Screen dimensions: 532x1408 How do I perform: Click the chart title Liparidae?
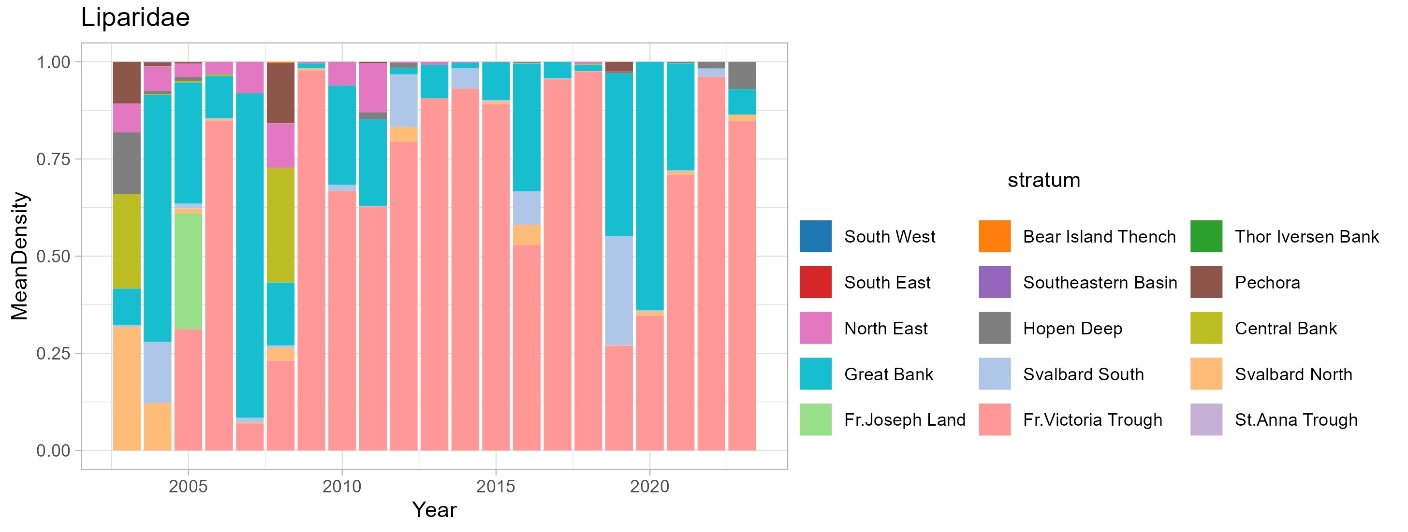(x=135, y=17)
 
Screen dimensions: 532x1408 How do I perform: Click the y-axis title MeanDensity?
(x=20, y=256)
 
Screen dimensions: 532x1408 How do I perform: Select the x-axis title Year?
(x=434, y=510)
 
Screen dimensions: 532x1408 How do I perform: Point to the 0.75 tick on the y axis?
(x=53, y=159)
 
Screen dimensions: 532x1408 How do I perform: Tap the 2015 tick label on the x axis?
(x=495, y=486)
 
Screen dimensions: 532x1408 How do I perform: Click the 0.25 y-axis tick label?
(x=53, y=353)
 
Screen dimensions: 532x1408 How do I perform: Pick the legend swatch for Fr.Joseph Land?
(x=816, y=419)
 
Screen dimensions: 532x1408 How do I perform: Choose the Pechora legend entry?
(x=1267, y=282)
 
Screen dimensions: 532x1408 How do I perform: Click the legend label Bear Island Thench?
(x=1099, y=236)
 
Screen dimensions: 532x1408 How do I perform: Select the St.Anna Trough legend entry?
(x=1295, y=419)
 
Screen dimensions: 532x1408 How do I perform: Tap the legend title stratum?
(x=1043, y=180)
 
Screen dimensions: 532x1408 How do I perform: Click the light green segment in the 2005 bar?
(x=188, y=271)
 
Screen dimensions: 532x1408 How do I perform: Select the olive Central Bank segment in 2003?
(x=127, y=241)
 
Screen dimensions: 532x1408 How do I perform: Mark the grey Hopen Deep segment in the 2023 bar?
(x=742, y=75)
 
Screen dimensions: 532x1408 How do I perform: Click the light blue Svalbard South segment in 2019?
(x=619, y=290)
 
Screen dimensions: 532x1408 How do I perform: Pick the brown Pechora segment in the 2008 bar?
(x=280, y=93)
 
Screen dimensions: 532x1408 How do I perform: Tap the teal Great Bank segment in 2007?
(x=250, y=255)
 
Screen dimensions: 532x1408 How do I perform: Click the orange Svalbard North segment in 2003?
(x=127, y=388)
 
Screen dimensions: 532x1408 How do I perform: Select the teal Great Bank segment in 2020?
(x=650, y=186)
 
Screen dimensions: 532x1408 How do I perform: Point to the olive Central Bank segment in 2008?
(x=280, y=225)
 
